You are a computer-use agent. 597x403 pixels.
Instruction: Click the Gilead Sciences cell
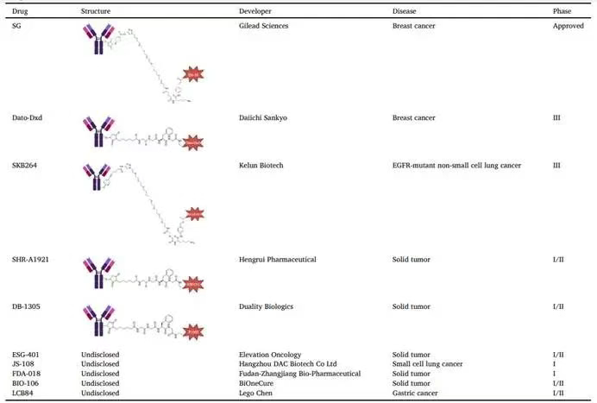pyautogui.click(x=263, y=26)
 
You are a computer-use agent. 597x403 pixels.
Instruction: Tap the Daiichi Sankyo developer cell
pyautogui.click(x=262, y=117)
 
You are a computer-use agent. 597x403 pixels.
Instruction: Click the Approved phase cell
pyautogui.click(x=569, y=26)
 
